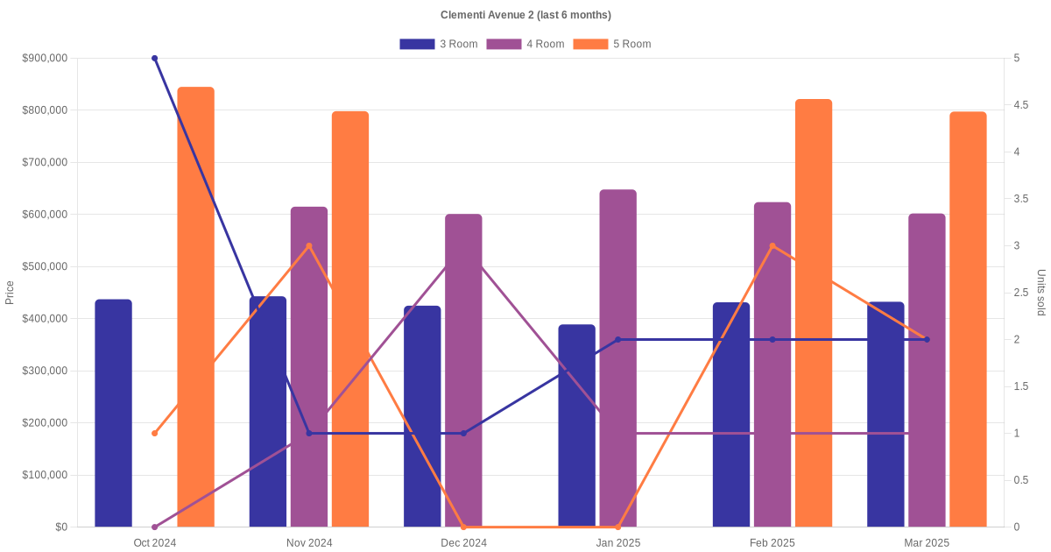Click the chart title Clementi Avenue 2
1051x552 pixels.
[525, 15]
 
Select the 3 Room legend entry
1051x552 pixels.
[438, 44]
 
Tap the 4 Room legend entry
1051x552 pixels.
[525, 44]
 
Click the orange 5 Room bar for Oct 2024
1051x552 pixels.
[196, 307]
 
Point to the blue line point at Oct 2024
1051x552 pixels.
[155, 59]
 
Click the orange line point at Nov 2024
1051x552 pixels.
[309, 246]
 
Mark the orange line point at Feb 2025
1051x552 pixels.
[772, 246]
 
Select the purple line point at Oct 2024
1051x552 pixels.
[155, 527]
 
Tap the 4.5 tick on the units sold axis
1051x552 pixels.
[1021, 105]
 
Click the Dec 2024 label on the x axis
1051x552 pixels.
[463, 543]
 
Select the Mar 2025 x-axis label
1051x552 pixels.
[927, 543]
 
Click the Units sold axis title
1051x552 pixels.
[1041, 293]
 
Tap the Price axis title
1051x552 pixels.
[10, 293]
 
